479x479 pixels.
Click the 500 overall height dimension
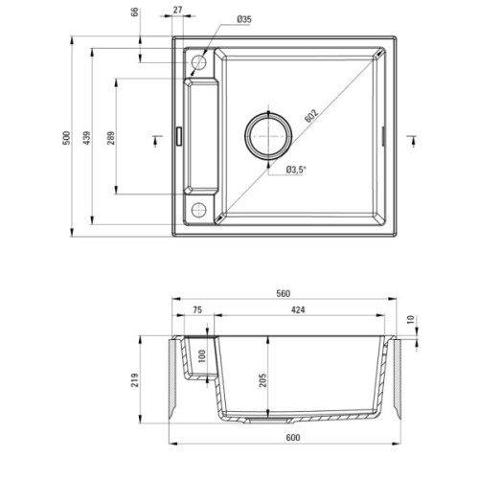(66, 137)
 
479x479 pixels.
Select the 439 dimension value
(87, 137)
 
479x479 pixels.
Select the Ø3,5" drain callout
(296, 170)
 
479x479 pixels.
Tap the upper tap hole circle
(199, 62)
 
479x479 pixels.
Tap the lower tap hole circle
(199, 210)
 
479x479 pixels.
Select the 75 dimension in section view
(195, 310)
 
